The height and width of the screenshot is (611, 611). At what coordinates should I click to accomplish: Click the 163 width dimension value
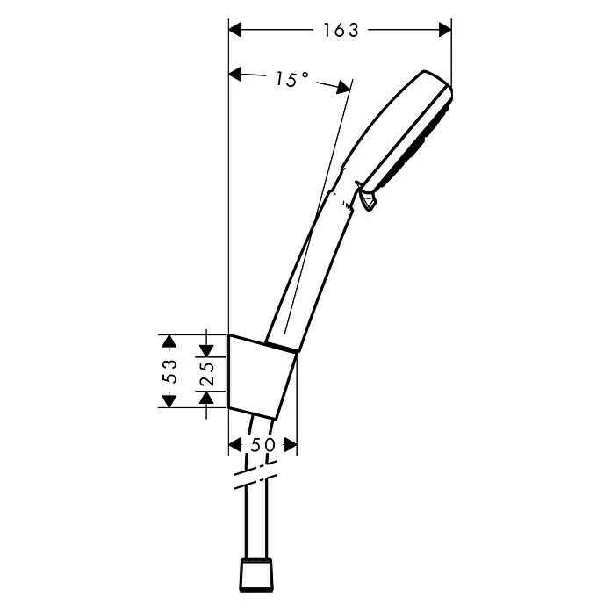tap(341, 30)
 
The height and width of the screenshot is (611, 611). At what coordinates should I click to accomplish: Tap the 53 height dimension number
tap(171, 370)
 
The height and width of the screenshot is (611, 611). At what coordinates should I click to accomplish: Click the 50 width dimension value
tap(263, 445)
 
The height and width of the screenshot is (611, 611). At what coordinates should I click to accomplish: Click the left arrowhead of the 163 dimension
tap(235, 30)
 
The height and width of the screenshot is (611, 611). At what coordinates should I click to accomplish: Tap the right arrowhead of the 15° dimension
tap(344, 87)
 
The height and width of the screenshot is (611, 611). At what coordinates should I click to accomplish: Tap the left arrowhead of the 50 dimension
tap(234, 445)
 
